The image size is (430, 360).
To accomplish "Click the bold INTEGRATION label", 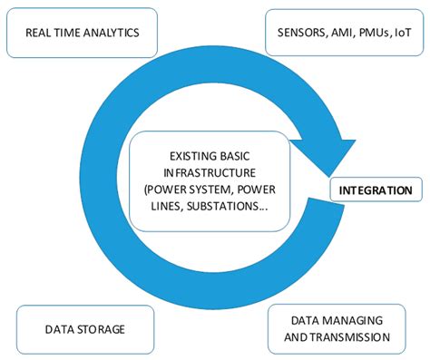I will [376, 191].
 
